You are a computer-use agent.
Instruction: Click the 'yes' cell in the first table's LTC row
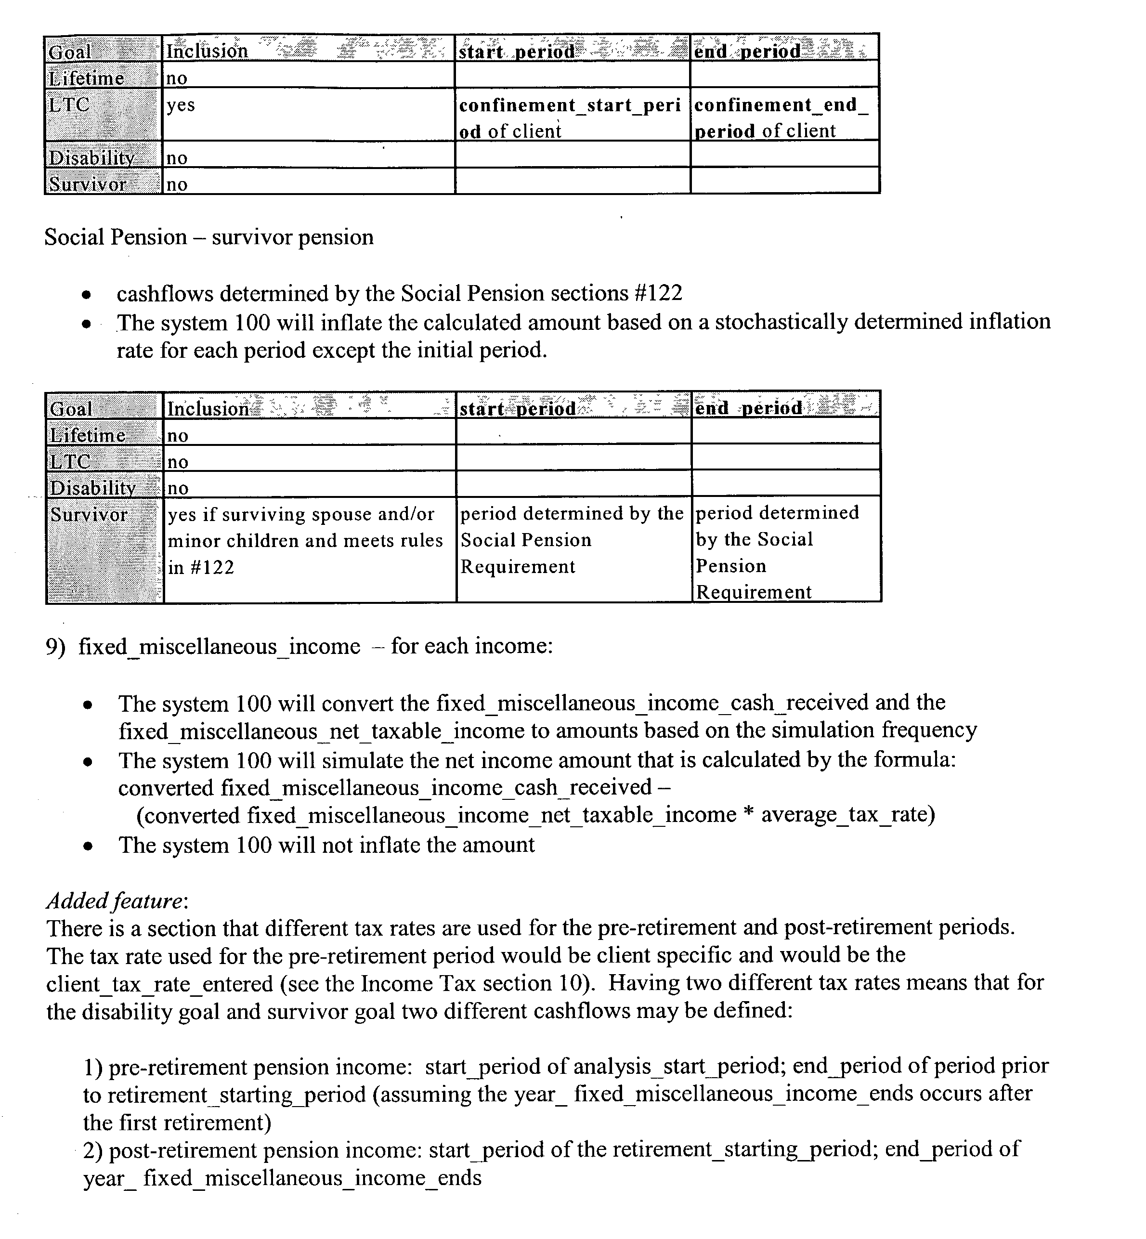click(181, 105)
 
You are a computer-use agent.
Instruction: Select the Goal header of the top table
click(70, 52)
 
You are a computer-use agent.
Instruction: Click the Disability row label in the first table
click(91, 158)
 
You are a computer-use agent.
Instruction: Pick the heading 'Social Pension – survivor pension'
click(209, 237)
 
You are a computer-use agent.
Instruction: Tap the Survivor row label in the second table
click(89, 515)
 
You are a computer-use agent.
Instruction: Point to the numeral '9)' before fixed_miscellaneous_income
click(55, 647)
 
